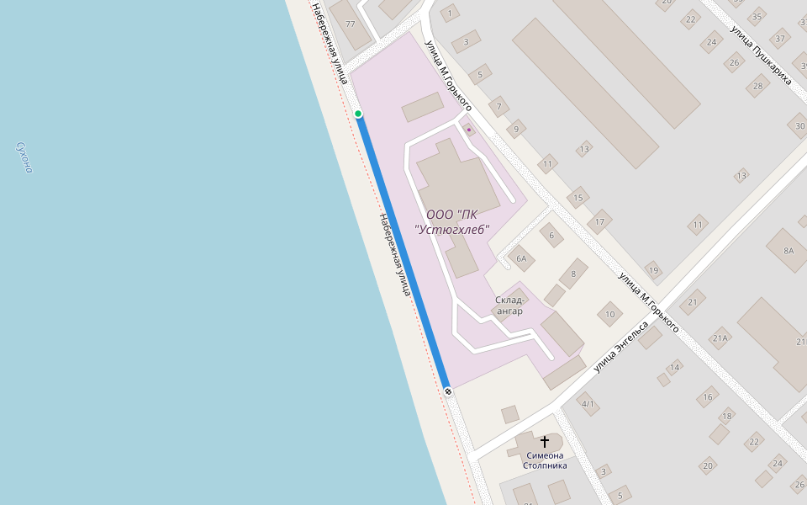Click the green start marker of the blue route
click(358, 114)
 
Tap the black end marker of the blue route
click(448, 391)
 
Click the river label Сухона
click(24, 157)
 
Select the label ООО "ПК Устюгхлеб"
click(452, 221)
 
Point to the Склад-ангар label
click(509, 306)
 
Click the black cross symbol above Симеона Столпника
click(545, 441)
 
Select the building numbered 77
click(350, 24)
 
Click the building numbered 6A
click(521, 258)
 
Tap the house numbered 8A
click(788, 251)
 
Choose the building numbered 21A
click(720, 339)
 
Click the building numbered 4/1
click(588, 404)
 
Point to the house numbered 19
click(652, 270)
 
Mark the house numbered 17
click(599, 223)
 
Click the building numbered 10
click(609, 316)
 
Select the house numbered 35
click(757, 16)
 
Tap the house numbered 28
click(758, 85)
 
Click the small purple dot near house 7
click(469, 130)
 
